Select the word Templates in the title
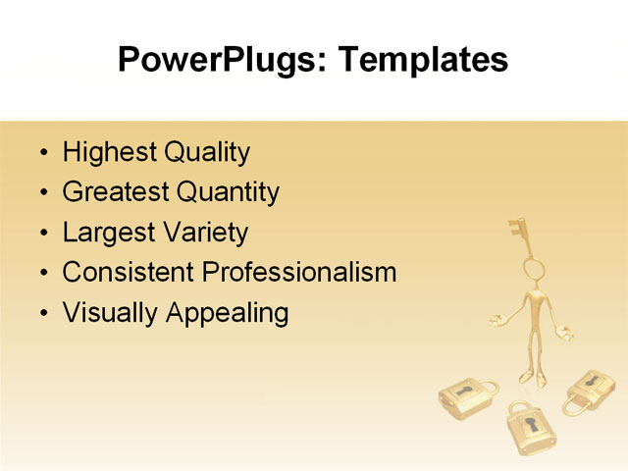coord(423,60)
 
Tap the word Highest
coord(109,153)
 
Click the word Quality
coord(207,153)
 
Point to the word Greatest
coord(115,192)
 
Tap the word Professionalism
coord(299,272)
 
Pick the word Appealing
coord(227,313)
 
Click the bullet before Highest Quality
coord(42,154)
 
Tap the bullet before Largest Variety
coord(42,234)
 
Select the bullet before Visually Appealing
coord(42,314)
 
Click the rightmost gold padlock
coord(591,392)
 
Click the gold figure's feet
coord(535,378)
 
